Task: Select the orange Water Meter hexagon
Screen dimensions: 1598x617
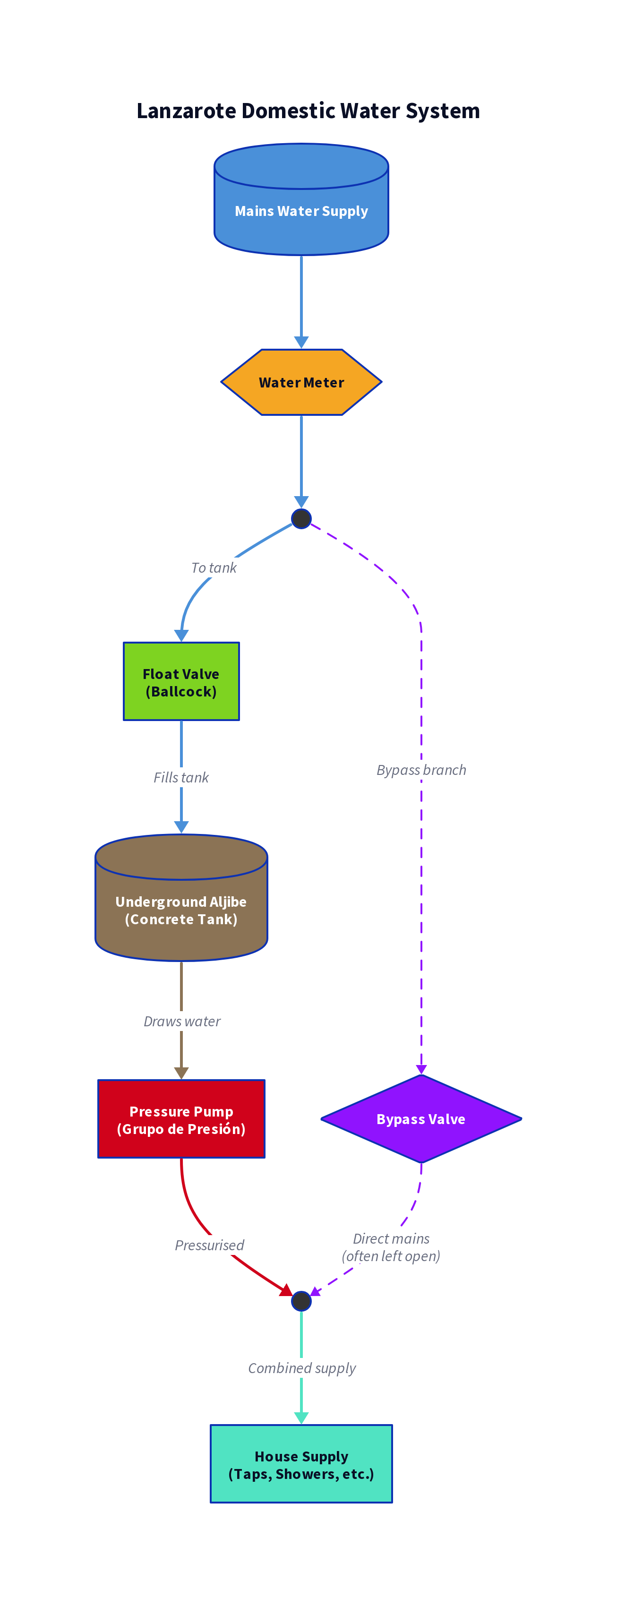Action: click(x=301, y=382)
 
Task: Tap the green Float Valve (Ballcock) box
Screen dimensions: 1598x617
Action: click(x=181, y=682)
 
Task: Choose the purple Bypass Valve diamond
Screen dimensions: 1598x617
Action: click(x=421, y=1119)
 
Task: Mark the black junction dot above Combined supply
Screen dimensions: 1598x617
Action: click(x=301, y=1301)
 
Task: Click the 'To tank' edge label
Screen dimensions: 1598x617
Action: click(x=214, y=567)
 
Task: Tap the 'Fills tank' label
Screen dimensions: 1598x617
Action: click(x=181, y=777)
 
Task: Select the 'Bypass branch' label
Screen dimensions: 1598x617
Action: click(x=421, y=770)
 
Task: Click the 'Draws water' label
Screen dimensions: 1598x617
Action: click(x=182, y=1021)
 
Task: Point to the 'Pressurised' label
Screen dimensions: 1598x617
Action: click(x=210, y=1245)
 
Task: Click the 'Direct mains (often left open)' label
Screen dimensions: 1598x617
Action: click(x=391, y=1247)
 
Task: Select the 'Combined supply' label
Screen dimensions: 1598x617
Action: click(x=302, y=1368)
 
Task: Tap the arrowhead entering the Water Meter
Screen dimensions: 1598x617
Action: click(x=301, y=342)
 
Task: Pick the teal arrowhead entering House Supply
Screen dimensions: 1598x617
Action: click(x=301, y=1418)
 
